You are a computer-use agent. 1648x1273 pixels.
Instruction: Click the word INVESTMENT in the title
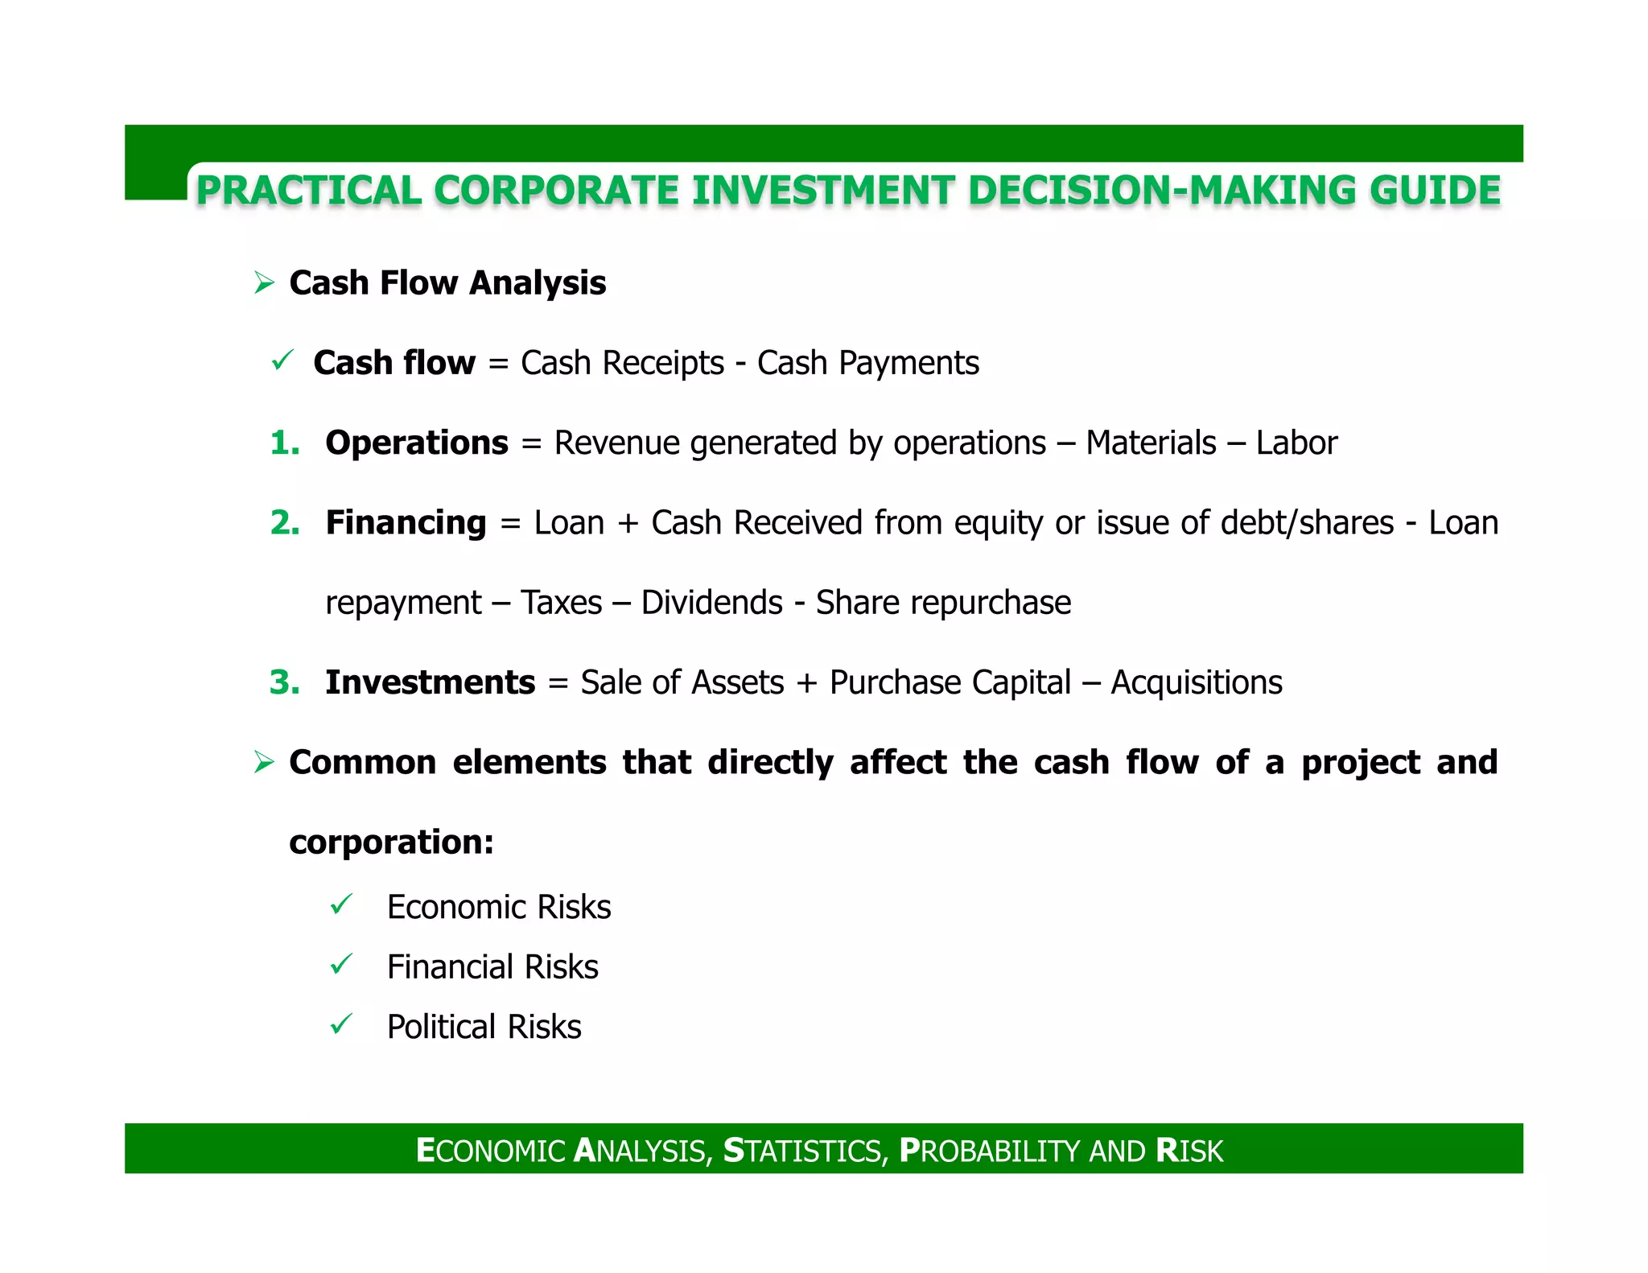[822, 192]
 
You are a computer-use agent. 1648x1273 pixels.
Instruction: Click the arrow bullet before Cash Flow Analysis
[264, 283]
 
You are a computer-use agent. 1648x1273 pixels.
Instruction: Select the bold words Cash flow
[394, 363]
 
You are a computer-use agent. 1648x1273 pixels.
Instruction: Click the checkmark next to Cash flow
[282, 360]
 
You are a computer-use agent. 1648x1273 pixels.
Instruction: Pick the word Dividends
[711, 603]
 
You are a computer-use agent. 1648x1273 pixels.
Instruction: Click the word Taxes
[561, 603]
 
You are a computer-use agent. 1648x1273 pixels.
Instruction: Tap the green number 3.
[284, 682]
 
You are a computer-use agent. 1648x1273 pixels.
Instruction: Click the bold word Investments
[430, 682]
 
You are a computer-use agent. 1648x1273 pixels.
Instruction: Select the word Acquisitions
[1197, 682]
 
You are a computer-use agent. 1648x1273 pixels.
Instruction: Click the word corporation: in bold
[391, 842]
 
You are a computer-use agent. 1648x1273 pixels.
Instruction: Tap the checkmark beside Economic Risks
[341, 904]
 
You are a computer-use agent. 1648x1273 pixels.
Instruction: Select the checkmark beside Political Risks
[341, 1024]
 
